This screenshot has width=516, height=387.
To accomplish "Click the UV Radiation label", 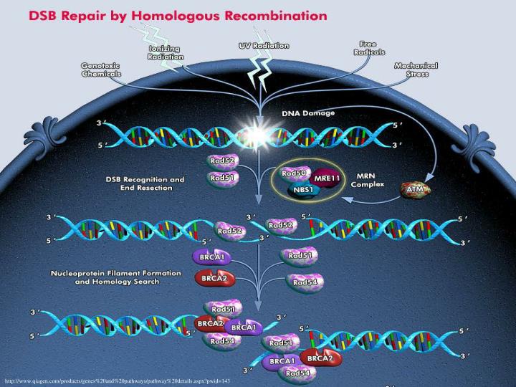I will (x=264, y=45).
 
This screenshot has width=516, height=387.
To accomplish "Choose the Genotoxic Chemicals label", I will (x=100, y=69).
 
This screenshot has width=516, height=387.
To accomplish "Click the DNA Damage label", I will (x=307, y=113).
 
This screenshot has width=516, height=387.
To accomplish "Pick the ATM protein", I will (x=414, y=190).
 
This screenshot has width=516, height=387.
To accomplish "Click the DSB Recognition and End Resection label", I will (x=144, y=183).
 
